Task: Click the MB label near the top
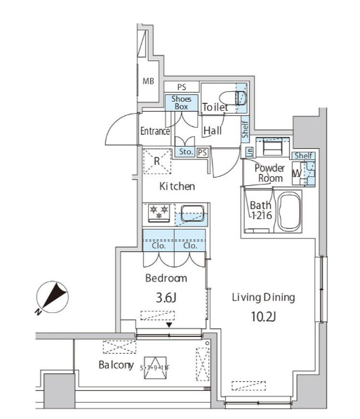pyautogui.click(x=148, y=81)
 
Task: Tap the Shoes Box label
pyautogui.click(x=181, y=102)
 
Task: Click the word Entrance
pyautogui.click(x=155, y=131)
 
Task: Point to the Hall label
pyautogui.click(x=213, y=131)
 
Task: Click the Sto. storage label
pyautogui.click(x=185, y=152)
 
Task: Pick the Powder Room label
pyautogui.click(x=269, y=173)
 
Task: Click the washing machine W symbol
pyautogui.click(x=298, y=171)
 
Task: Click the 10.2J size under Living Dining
pyautogui.click(x=262, y=316)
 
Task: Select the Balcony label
pyautogui.click(x=116, y=366)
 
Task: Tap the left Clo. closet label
pyautogui.click(x=158, y=246)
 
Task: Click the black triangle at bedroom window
pyautogui.click(x=169, y=325)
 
